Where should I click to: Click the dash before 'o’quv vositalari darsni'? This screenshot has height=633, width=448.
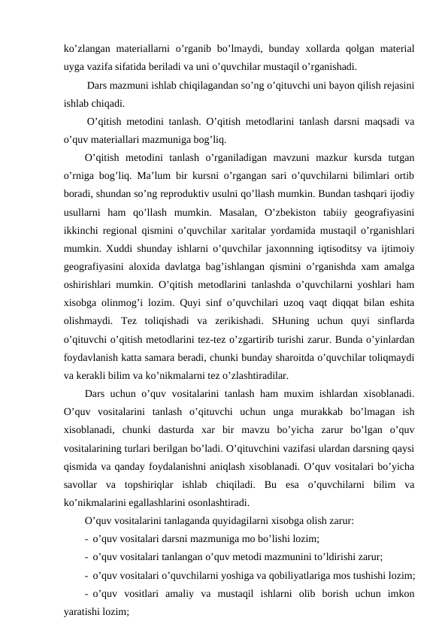click(x=87, y=538)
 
